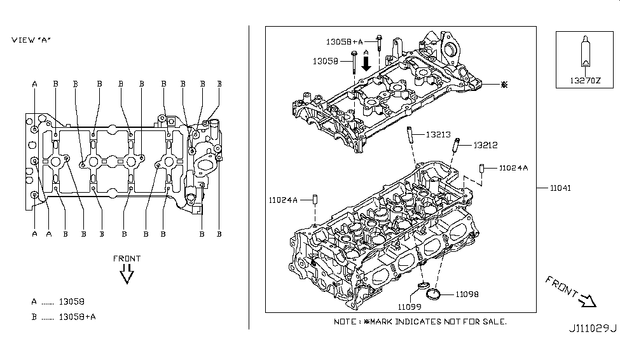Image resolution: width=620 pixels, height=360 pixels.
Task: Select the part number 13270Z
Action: (x=584, y=81)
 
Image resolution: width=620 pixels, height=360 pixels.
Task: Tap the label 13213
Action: (x=438, y=134)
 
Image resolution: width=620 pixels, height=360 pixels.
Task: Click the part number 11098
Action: (x=466, y=294)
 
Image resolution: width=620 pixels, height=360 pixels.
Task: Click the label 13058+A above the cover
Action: (x=344, y=41)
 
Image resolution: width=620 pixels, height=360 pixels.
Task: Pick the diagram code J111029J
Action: (x=593, y=328)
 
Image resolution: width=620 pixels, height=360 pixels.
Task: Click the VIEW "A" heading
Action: (x=31, y=40)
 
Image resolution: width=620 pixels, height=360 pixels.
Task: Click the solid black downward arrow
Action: (x=366, y=62)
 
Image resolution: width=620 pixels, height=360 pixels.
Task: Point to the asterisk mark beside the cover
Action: (x=504, y=84)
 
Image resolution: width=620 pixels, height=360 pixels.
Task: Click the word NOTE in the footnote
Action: (x=346, y=321)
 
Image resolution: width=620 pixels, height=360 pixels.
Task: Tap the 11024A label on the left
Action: (x=283, y=199)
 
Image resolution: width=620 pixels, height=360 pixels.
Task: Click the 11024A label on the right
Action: (x=513, y=168)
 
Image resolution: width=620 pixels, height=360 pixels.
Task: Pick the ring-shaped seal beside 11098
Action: (x=434, y=293)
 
